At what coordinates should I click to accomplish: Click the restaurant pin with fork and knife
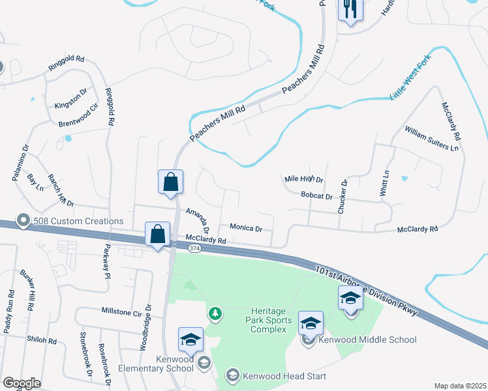(x=350, y=10)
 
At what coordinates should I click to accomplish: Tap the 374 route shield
(x=194, y=248)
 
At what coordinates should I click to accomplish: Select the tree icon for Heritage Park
(x=214, y=315)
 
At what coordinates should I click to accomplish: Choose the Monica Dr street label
(x=246, y=228)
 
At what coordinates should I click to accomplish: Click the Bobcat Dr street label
(x=317, y=195)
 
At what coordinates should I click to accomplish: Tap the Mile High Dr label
(x=304, y=179)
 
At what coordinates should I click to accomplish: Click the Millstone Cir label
(x=121, y=313)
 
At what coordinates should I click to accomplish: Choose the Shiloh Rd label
(x=42, y=341)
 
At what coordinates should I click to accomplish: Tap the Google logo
(x=22, y=383)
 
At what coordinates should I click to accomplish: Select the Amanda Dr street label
(x=197, y=221)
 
